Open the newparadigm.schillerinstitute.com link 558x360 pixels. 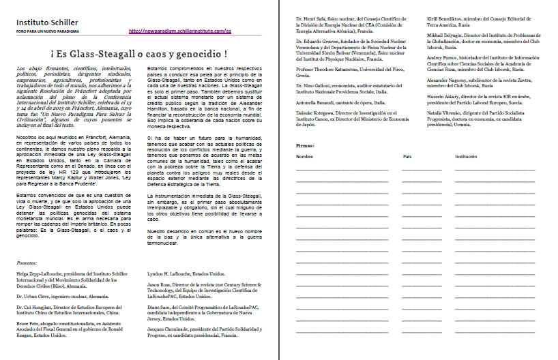(180, 31)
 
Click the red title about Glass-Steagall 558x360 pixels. (138, 54)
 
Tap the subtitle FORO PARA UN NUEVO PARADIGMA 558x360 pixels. (45, 31)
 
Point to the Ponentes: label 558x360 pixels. (28, 262)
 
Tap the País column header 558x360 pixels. (407, 157)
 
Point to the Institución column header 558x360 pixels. (466, 157)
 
